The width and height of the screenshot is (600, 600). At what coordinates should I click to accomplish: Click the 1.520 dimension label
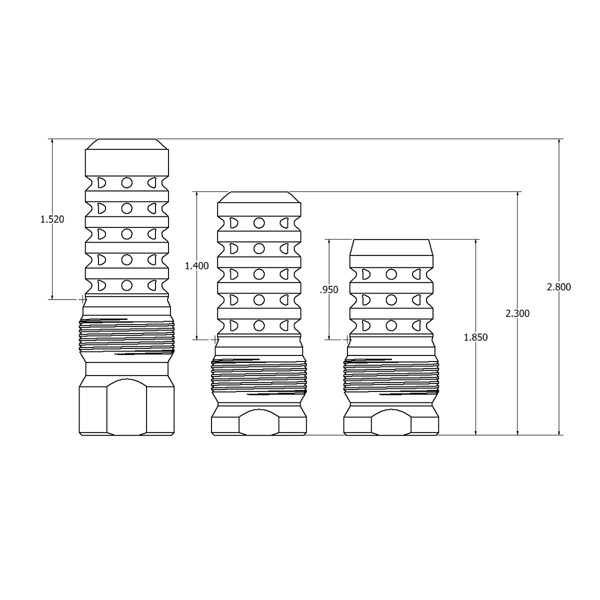[52, 219]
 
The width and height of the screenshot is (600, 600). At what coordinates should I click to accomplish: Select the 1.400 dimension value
[197, 266]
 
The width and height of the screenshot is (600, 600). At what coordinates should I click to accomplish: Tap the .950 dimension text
[329, 290]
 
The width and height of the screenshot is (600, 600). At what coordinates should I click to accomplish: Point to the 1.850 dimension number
[476, 337]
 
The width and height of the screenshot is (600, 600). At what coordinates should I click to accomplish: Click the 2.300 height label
[517, 313]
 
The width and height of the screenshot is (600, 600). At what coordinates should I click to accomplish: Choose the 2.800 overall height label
[559, 287]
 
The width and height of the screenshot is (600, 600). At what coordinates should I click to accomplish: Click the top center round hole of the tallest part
[126, 182]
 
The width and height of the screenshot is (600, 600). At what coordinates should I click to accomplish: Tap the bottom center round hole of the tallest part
[126, 285]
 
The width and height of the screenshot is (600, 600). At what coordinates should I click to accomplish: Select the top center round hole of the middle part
[259, 223]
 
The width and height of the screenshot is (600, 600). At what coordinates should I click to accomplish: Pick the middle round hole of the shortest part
[391, 300]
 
